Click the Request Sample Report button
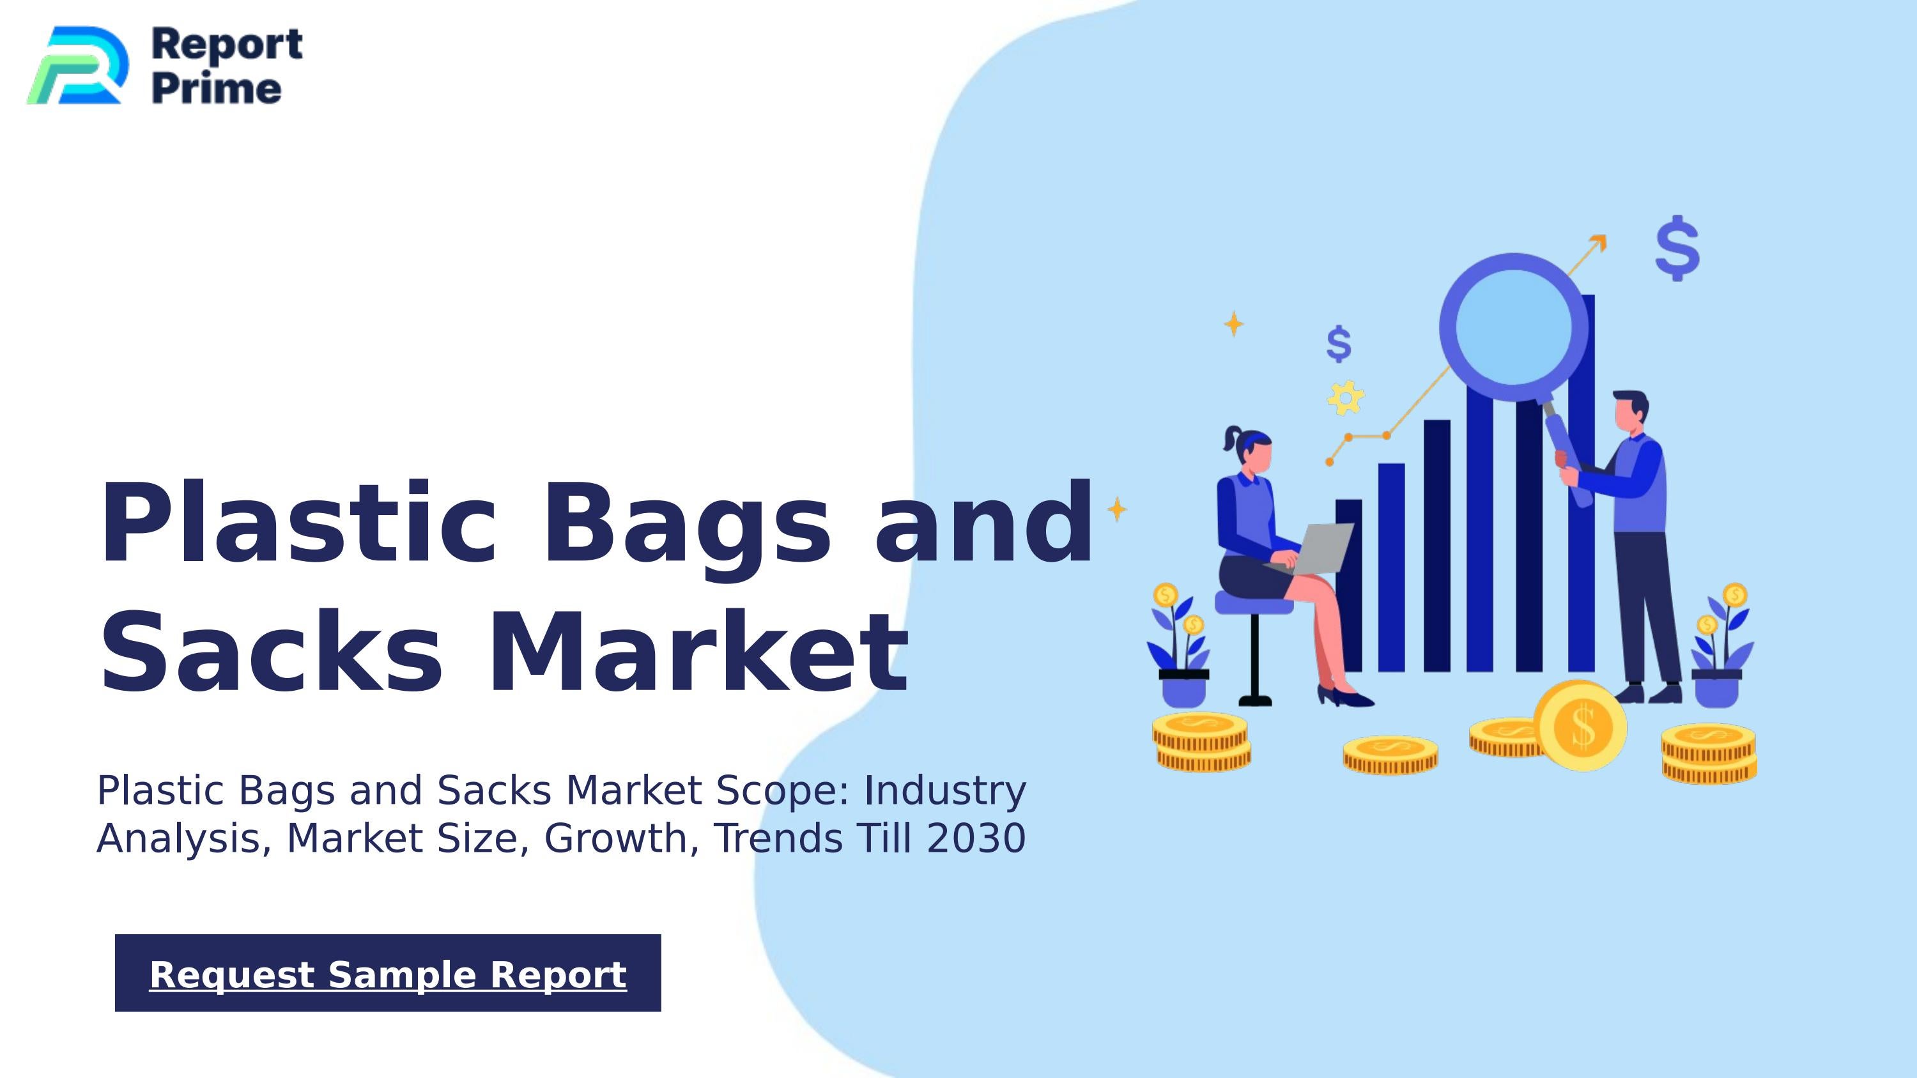(388, 973)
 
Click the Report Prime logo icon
(77, 65)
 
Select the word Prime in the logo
(217, 89)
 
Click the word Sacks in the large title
(272, 652)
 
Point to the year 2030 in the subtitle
(976, 838)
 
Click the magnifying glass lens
(1513, 327)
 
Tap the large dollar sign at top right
(1677, 249)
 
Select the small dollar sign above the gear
(1339, 344)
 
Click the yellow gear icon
(1346, 397)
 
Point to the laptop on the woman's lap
(1319, 548)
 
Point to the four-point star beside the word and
(1117, 510)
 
